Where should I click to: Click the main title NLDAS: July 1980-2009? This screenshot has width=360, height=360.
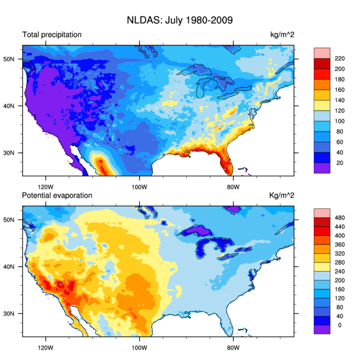(180, 20)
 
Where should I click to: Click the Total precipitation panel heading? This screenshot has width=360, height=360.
(52, 35)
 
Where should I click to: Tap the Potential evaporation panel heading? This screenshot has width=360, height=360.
(57, 196)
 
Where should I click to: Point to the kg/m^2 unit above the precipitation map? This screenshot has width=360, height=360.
(282, 35)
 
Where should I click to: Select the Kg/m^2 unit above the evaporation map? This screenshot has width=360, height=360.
(282, 196)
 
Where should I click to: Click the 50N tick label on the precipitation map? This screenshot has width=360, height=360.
(14, 59)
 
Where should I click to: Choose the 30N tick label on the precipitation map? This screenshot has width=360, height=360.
(14, 153)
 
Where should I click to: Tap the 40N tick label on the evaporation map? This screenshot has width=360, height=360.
(14, 267)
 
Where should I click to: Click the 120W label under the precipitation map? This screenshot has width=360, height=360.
(46, 185)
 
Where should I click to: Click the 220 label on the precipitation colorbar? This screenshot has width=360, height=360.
(340, 59)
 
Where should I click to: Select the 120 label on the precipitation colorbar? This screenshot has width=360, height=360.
(340, 111)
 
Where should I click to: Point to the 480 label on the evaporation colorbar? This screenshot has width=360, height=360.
(340, 218)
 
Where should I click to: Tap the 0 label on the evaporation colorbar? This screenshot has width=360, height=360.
(340, 325)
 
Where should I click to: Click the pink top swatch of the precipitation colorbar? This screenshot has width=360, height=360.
(322, 53)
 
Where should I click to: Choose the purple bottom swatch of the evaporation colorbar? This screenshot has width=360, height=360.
(322, 329)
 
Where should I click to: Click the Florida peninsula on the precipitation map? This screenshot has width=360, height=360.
(225, 163)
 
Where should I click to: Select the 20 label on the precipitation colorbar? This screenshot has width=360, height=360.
(339, 163)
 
